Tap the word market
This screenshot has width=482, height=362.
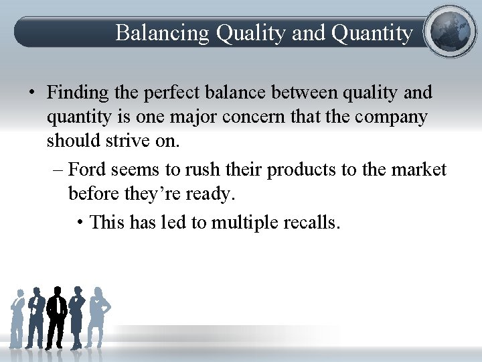pyautogui.click(x=418, y=170)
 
